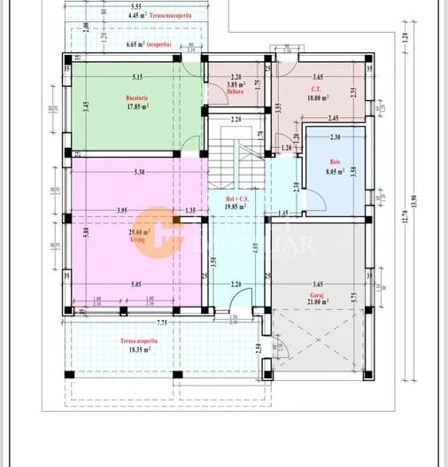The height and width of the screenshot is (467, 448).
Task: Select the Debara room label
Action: coord(235,91)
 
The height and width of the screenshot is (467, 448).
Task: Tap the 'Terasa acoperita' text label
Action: coord(140,340)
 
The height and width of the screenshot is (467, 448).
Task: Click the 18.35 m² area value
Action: coord(140,350)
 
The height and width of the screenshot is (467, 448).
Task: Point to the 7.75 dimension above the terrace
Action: coord(137,323)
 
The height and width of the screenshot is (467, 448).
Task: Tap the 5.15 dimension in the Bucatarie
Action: coord(136,77)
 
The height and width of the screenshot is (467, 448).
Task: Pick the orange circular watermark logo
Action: coord(157,228)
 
